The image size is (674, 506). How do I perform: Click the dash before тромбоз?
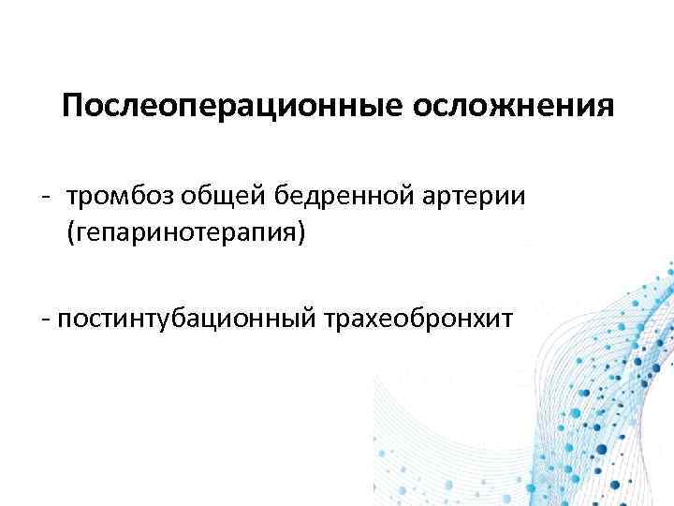coord(45,197)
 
